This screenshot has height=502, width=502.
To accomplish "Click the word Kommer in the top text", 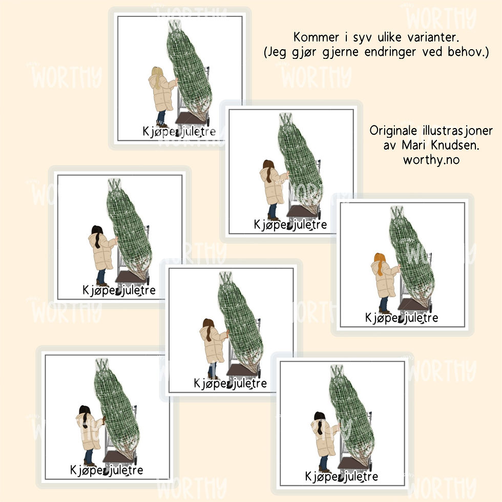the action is (316, 37).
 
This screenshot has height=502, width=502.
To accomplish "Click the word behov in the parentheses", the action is (467, 52).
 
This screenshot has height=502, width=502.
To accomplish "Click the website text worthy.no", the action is (431, 160).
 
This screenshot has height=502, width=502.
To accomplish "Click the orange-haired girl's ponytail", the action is (380, 264).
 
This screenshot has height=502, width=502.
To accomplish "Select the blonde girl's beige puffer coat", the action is (162, 93).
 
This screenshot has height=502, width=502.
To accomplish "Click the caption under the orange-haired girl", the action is (402, 318).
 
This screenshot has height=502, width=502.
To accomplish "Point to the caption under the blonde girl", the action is (179, 131).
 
